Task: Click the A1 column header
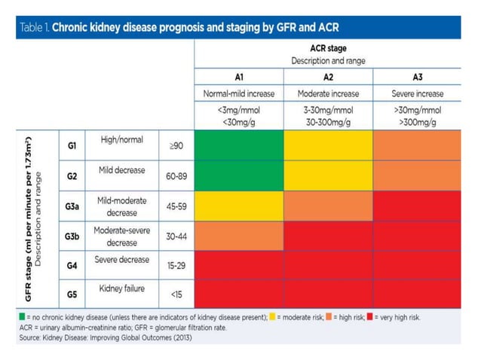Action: (239, 77)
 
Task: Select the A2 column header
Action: (329, 77)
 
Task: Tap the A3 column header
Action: (417, 77)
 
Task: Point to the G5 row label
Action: (72, 294)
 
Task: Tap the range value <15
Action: (176, 294)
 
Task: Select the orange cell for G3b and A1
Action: (239, 236)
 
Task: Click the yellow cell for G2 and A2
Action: (329, 175)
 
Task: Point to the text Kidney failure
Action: (121, 289)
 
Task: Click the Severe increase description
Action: (417, 94)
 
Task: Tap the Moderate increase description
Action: (329, 94)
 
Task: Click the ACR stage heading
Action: (328, 48)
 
